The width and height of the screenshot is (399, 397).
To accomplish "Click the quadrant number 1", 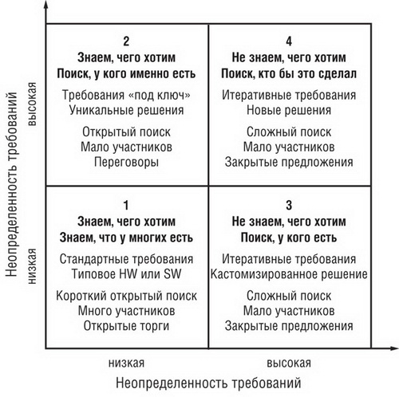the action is [x=126, y=205].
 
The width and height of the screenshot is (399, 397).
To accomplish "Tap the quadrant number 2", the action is [x=126, y=41].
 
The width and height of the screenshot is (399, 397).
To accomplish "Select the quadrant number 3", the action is [x=289, y=205].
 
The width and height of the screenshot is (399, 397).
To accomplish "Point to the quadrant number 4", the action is [x=289, y=41].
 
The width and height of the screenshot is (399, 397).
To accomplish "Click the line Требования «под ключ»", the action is [x=126, y=95].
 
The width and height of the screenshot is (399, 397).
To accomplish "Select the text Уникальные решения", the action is [x=126, y=110].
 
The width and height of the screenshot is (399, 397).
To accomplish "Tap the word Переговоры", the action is [x=126, y=162].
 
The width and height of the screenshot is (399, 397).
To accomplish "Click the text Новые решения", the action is [x=289, y=110].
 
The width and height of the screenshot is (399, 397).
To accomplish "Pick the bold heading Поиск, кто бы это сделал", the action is [x=289, y=73].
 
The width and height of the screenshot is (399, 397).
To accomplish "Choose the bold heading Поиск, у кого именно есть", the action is [x=126, y=73].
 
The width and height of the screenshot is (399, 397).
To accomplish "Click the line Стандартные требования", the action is [x=126, y=259].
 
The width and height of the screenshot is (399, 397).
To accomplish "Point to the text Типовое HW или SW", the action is [x=126, y=274].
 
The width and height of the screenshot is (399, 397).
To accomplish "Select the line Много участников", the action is [x=126, y=311].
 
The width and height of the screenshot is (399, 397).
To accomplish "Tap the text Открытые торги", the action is [x=126, y=326].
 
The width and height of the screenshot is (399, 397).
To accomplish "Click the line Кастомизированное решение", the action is [x=289, y=274].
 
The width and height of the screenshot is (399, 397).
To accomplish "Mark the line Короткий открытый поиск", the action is [x=126, y=296].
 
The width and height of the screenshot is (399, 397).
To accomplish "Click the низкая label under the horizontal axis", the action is [x=126, y=363].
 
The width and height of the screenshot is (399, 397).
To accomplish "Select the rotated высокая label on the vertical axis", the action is [x=32, y=104].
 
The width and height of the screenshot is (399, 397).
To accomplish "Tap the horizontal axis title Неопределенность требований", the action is [x=208, y=383].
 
